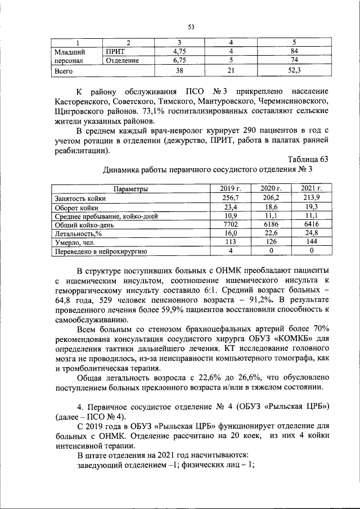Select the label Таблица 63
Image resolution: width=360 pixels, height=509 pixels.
308,159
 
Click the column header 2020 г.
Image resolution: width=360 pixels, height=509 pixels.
271,189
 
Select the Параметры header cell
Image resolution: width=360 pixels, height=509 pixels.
130,189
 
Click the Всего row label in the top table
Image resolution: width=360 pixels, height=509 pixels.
63,71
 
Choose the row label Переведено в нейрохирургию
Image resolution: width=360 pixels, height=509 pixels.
100,251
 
